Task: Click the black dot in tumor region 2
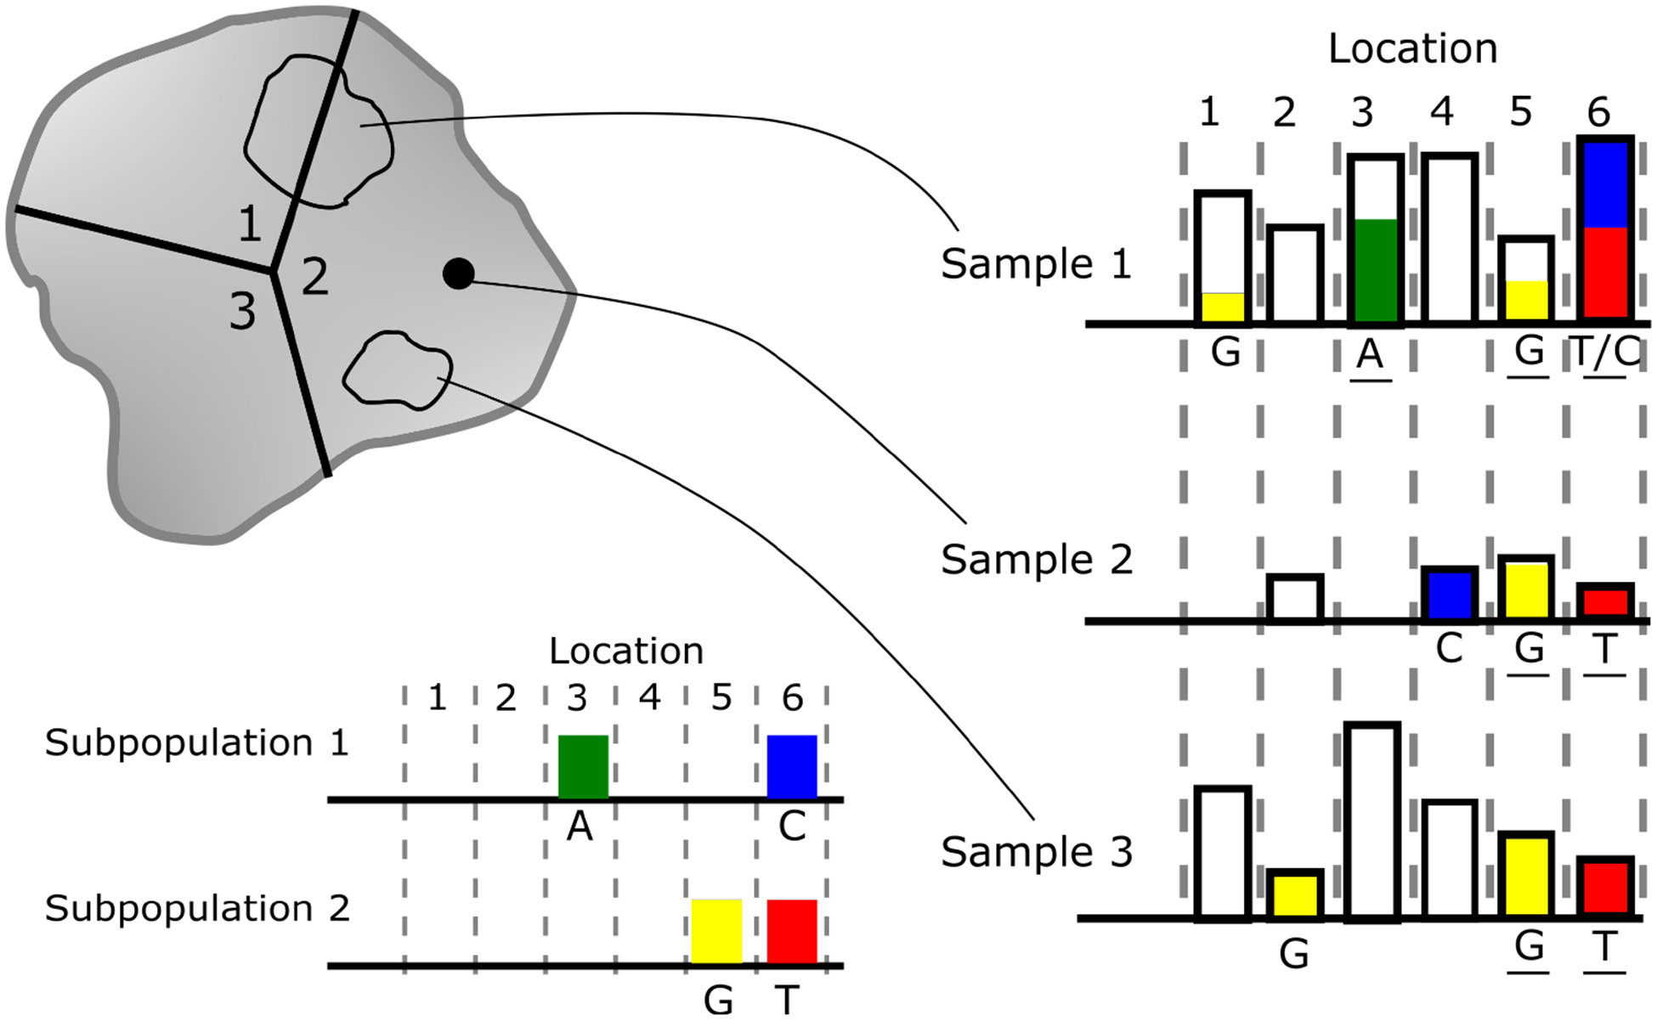(x=458, y=274)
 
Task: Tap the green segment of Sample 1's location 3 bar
(x=1375, y=270)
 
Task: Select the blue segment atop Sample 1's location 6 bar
(x=1604, y=184)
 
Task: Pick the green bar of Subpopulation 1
(x=583, y=766)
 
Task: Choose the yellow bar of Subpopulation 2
(x=716, y=931)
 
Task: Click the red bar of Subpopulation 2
(x=792, y=931)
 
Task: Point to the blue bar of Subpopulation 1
(x=792, y=766)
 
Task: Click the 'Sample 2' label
(x=1036, y=560)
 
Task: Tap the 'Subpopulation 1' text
(x=196, y=743)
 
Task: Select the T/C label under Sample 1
(x=1604, y=352)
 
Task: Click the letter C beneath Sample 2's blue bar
(x=1449, y=649)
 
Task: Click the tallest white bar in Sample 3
(x=1372, y=821)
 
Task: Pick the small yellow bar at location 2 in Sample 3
(x=1294, y=894)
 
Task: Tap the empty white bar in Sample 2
(x=1294, y=598)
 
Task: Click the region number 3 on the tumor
(x=242, y=311)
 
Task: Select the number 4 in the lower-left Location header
(x=649, y=698)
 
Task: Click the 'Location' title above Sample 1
(x=1412, y=48)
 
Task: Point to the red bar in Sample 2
(x=1604, y=601)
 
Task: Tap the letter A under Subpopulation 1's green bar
(x=580, y=826)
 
